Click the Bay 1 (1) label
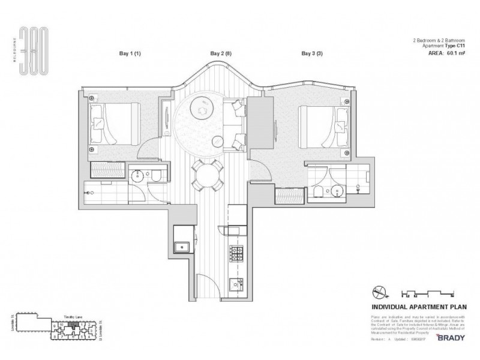pyautogui.click(x=128, y=54)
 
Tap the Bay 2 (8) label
pyautogui.click(x=220, y=54)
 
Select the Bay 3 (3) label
pyautogui.click(x=311, y=54)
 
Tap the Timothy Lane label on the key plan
pyautogui.click(x=73, y=315)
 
